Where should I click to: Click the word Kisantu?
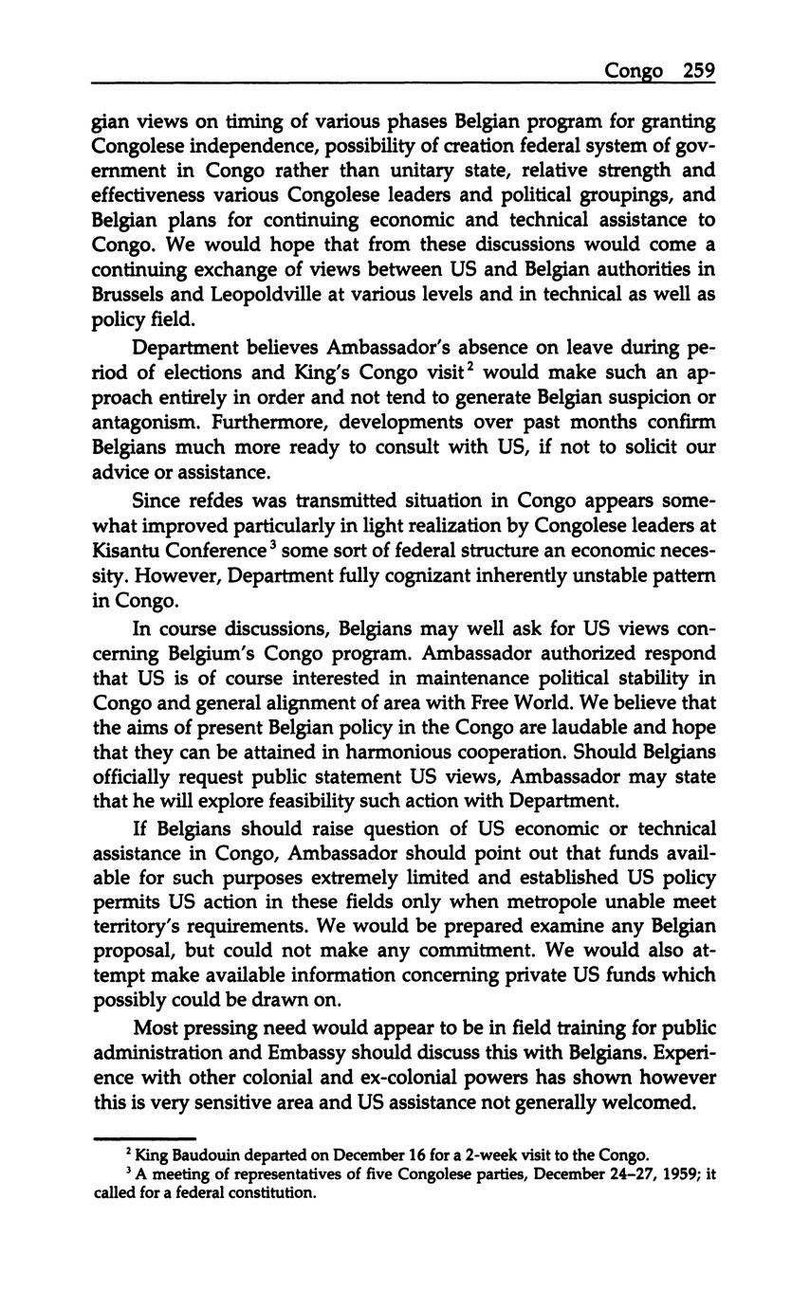(x=130, y=551)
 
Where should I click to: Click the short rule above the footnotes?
(x=144, y=1138)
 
